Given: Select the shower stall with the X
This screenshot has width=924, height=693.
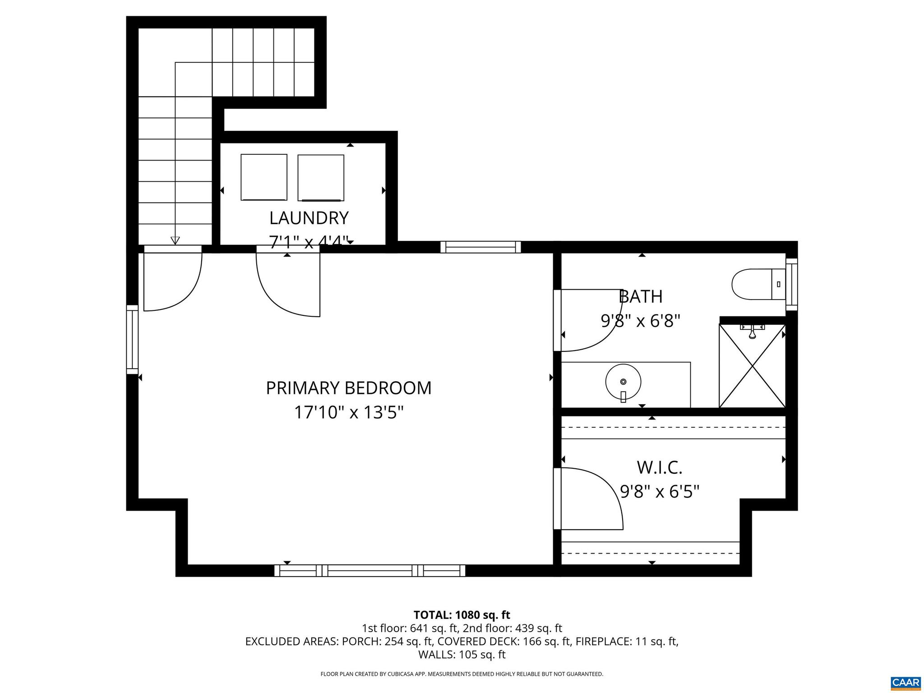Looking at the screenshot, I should (752, 366).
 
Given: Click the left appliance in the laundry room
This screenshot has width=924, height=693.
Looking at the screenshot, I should (264, 177).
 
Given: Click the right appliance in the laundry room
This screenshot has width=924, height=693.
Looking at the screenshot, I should (321, 178).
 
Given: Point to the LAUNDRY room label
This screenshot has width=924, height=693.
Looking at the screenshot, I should (309, 218).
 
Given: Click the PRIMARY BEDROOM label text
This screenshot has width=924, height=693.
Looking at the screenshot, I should (348, 388).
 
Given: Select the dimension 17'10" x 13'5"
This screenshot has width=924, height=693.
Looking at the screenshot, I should (348, 412).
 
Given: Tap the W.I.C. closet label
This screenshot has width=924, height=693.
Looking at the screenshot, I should (659, 468).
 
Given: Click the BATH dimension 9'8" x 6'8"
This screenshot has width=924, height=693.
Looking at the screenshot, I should (640, 321).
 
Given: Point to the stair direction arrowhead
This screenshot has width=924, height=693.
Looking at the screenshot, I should (175, 240).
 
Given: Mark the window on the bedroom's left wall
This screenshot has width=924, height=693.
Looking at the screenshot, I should (132, 339).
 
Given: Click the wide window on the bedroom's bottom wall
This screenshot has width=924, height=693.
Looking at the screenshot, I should (370, 571).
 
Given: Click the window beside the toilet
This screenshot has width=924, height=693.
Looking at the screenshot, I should (791, 284).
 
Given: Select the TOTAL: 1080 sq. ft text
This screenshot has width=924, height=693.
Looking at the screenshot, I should (462, 615).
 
